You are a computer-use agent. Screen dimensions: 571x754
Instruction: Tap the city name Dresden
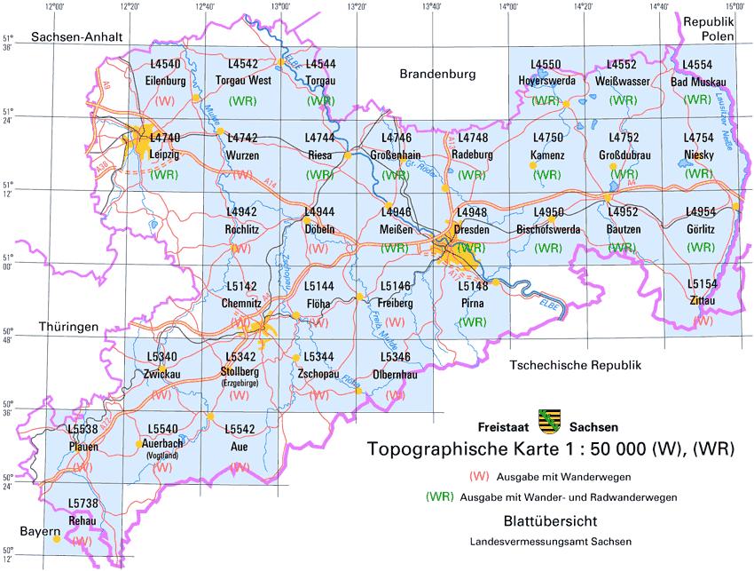click(x=471, y=228)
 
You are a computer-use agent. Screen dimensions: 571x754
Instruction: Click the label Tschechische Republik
click(x=575, y=365)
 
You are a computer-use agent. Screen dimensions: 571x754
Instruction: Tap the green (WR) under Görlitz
click(x=702, y=247)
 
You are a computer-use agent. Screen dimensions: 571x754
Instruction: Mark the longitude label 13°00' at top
click(x=281, y=6)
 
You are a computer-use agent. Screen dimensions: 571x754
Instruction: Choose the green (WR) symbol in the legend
click(x=441, y=496)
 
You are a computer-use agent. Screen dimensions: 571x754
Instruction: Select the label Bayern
click(x=40, y=531)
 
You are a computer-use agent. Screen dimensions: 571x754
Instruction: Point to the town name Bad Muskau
click(x=699, y=81)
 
